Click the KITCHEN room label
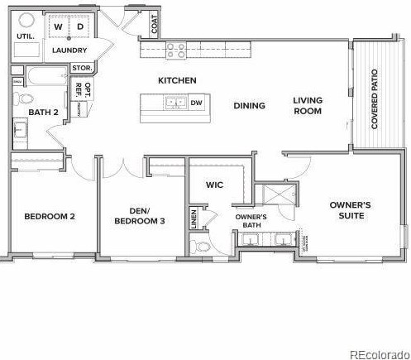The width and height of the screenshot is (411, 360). click(x=178, y=80)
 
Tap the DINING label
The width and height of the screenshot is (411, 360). click(x=249, y=105)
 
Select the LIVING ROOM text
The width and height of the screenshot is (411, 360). click(x=308, y=105)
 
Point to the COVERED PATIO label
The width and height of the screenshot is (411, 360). click(x=375, y=98)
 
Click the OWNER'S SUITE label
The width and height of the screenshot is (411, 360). click(x=351, y=210)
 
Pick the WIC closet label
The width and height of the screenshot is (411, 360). click(x=215, y=185)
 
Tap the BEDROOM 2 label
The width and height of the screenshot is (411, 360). click(x=50, y=217)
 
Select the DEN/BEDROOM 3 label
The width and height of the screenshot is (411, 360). click(x=140, y=215)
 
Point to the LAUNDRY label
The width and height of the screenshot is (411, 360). click(x=69, y=50)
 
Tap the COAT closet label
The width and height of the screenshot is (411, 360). click(x=155, y=27)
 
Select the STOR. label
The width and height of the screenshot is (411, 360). click(x=81, y=68)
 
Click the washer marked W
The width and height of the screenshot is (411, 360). click(x=58, y=26)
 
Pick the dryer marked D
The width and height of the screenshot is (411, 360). click(x=80, y=26)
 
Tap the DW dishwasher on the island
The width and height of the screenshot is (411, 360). click(x=196, y=103)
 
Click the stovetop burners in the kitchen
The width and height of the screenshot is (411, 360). click(x=176, y=50)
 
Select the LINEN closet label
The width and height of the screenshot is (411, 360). click(x=194, y=219)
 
